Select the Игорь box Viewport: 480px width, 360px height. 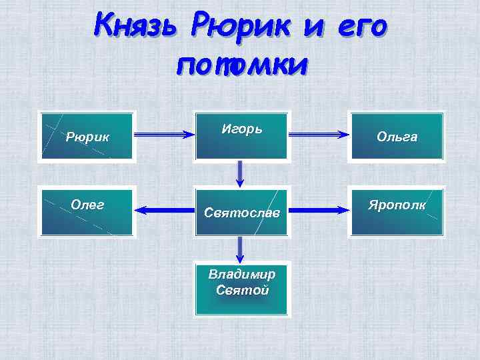click(241, 136)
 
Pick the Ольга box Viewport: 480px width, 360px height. click(397, 137)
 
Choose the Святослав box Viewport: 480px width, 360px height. click(241, 212)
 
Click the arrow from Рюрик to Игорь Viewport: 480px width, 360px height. click(164, 135)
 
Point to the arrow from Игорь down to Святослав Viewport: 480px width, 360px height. click(240, 175)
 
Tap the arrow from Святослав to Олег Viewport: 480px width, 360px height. click(165, 211)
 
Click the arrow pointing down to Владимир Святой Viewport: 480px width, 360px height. click(240, 250)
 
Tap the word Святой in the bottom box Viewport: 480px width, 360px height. click(242, 291)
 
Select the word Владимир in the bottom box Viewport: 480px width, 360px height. click(241, 275)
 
